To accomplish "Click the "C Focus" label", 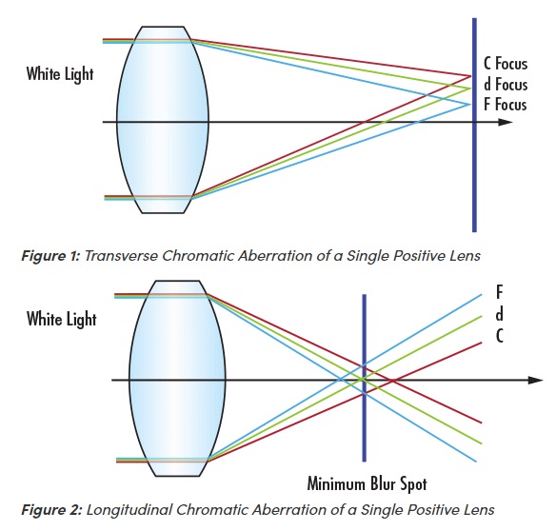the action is (506, 64).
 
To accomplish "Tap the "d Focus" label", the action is (506, 85).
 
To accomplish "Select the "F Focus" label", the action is (506, 105).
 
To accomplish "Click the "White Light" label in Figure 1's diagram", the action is (60, 74).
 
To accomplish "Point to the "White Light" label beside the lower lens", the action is (61, 319).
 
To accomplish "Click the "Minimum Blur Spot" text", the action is (367, 483).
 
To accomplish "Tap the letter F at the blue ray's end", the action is (499, 292).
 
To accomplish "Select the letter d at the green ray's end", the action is (499, 314).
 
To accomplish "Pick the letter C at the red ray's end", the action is (500, 336).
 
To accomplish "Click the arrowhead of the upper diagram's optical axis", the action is (506, 123).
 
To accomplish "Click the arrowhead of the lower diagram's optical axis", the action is (535, 380).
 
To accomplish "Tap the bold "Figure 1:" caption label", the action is (51, 256).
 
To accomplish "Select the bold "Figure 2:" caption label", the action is (51, 510).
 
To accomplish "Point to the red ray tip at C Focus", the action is (471, 76).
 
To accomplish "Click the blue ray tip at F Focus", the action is (469, 105).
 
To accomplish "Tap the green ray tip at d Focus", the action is (471, 88).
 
